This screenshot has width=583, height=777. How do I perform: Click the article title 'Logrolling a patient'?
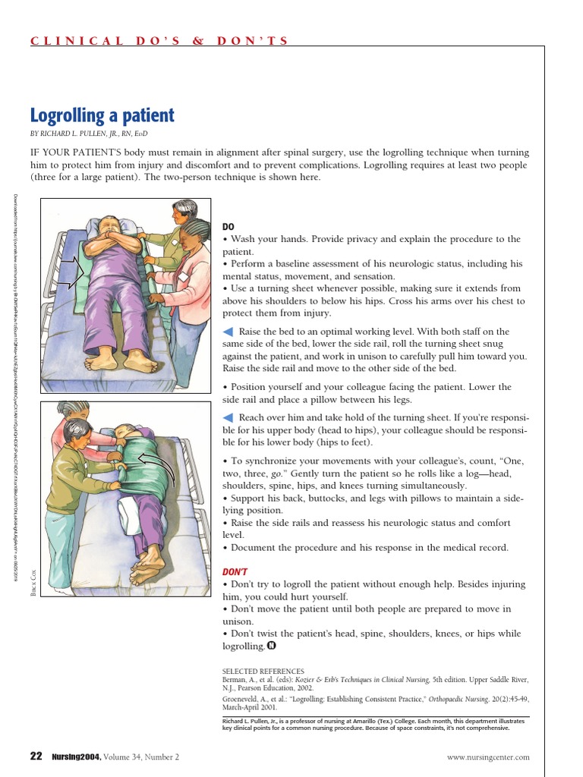102,116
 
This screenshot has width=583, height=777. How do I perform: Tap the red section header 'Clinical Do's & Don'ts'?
159,41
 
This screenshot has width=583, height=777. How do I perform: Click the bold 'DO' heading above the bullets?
228,227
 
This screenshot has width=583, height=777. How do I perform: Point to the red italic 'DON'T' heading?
235,571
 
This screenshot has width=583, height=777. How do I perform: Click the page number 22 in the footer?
36,756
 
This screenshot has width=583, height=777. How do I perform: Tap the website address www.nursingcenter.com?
489,757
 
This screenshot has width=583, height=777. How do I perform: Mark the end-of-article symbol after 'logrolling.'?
271,646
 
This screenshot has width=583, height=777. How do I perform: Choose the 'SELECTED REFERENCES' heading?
263,672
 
